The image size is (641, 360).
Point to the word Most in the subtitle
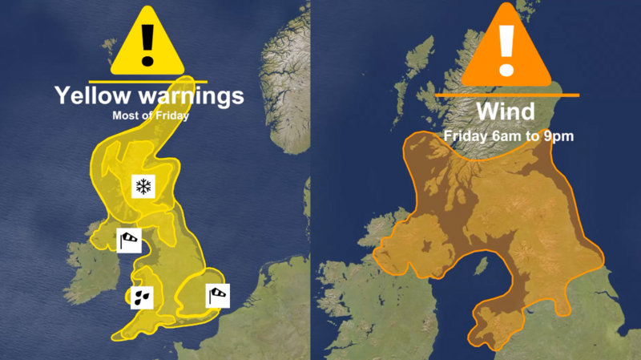(x=125, y=115)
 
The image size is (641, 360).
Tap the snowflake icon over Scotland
(x=143, y=188)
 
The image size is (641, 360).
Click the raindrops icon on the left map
(x=142, y=297)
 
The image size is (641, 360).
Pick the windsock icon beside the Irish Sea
(x=129, y=239)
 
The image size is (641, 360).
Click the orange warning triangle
(x=506, y=48)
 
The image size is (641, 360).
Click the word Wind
(x=506, y=111)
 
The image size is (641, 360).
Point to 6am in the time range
(x=506, y=136)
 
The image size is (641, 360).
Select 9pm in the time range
(x=558, y=136)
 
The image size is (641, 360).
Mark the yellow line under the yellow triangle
(x=147, y=81)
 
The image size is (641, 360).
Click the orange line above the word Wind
(x=506, y=95)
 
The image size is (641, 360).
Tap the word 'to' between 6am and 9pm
(x=532, y=136)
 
